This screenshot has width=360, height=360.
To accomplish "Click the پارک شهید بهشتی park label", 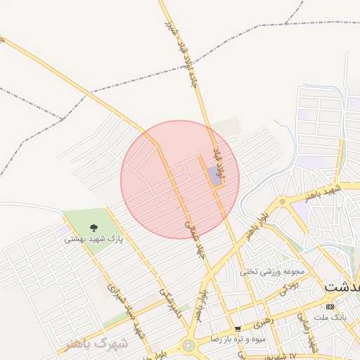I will coord(94,239).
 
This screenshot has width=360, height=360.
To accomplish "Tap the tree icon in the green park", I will coord(94,227).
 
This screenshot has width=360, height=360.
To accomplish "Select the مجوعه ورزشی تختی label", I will coord(272,271).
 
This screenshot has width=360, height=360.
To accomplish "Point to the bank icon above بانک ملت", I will coord(330,307).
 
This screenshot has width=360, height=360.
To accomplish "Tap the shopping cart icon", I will coord(238,328).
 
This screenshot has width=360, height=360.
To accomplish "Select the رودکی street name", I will coord(290,286).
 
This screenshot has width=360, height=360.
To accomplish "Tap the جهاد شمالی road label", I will coord(191,236).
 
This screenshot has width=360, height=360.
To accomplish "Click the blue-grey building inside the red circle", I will coord(214,175).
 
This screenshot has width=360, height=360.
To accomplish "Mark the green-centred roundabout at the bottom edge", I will coord(188,346).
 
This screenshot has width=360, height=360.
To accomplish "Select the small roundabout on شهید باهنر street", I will coord(283,202).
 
